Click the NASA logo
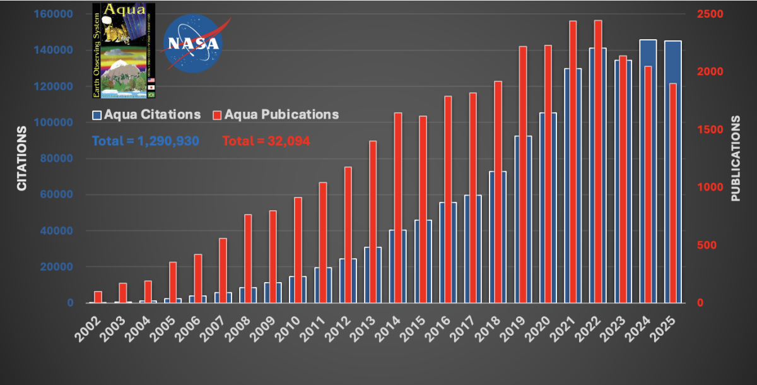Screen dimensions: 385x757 pos(192,43)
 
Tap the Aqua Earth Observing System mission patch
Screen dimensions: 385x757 pos(124,50)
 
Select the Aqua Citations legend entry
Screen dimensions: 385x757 pos(146,115)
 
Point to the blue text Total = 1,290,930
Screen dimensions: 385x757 pos(146,141)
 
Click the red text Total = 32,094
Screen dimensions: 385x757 pos(266,141)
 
